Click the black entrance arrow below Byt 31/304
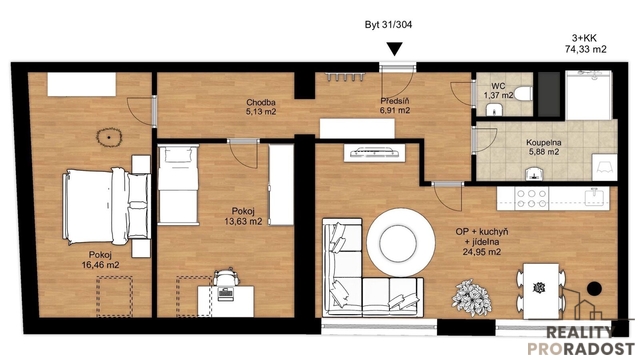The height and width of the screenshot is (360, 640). point(394,49)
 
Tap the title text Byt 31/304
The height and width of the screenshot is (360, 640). point(388,25)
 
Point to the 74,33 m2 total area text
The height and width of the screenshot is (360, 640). point(585,49)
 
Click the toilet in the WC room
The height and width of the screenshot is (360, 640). point(523,93)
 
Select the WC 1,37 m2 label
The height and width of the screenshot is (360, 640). point(498,91)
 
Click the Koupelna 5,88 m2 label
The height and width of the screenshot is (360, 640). point(543,147)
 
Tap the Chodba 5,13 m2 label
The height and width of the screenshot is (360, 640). point(261,107)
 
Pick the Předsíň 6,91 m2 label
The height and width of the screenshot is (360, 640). point(395,106)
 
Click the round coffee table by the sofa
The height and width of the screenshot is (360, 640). point(398,243)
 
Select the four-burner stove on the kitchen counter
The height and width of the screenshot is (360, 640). point(531,198)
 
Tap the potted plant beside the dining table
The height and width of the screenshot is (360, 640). point(471,298)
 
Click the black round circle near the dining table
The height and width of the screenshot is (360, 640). point(594,289)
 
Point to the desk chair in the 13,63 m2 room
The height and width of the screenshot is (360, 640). point(226,278)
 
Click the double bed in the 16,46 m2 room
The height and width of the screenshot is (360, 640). point(107,206)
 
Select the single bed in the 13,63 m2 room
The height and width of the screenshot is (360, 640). point(178,185)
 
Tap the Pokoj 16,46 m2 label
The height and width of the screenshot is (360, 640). point(100,260)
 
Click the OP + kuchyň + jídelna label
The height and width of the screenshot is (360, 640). point(482,242)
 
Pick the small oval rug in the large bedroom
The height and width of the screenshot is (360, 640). point(109,137)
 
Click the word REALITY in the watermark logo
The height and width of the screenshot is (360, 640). point(580,332)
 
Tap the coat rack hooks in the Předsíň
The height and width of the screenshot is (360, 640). point(345,76)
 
